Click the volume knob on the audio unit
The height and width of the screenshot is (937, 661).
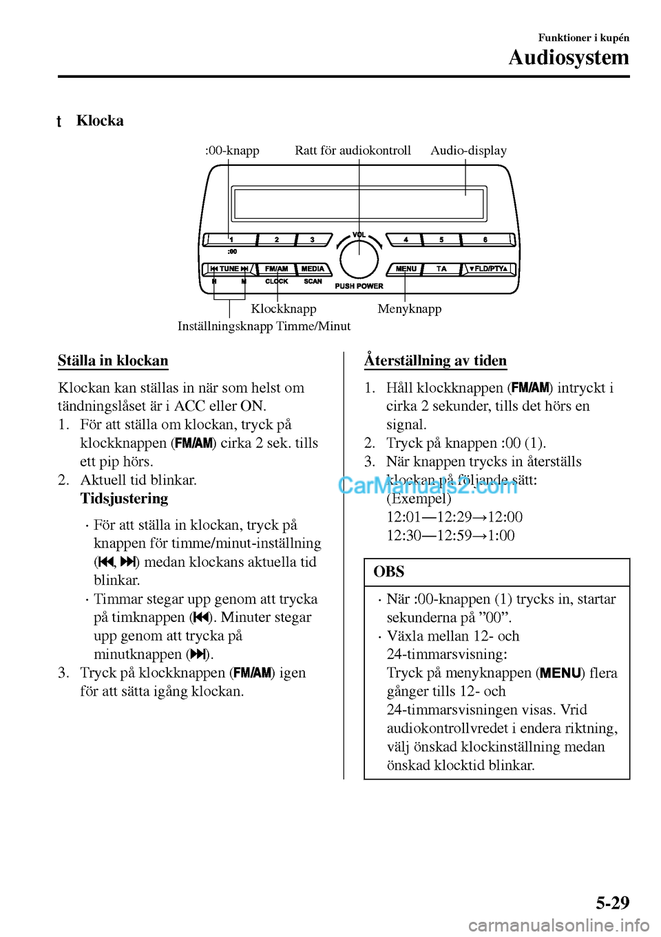coord(359,259)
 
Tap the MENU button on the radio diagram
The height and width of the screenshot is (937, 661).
coord(406,268)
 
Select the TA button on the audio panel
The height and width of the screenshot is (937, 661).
coord(441,268)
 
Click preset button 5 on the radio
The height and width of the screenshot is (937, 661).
coord(441,239)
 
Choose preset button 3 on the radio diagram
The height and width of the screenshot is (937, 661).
coord(312,239)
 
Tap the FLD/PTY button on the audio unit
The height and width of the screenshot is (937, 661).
coord(488,268)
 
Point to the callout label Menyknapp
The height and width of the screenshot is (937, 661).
coord(410,309)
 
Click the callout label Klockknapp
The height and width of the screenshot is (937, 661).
coord(284,309)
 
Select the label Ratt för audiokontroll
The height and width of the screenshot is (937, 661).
coord(353,151)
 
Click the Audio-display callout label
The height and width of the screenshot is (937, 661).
coord(468,151)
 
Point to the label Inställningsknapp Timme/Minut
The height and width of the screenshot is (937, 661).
coord(264,326)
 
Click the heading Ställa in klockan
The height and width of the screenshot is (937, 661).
coord(113,360)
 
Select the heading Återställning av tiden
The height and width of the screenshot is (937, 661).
coord(435,360)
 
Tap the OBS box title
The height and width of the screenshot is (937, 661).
coord(389,572)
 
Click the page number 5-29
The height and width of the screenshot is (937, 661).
coord(612,903)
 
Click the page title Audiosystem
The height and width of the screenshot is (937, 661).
coord(569,58)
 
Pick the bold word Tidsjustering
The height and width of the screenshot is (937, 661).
coord(124,499)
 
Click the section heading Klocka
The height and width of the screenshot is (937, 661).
coord(100,121)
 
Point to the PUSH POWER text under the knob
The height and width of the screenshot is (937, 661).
coord(359,286)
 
